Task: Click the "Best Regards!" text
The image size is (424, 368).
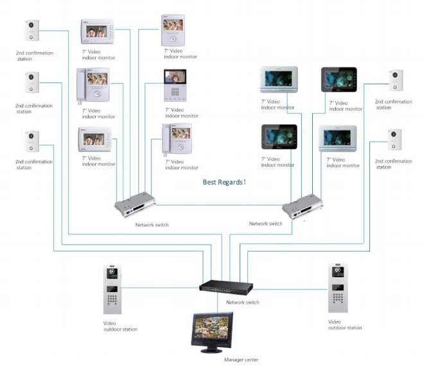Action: (224, 182)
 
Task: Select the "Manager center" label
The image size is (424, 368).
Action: (241, 360)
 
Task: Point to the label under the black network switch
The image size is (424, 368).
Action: (243, 302)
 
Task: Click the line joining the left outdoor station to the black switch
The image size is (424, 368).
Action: (161, 288)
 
